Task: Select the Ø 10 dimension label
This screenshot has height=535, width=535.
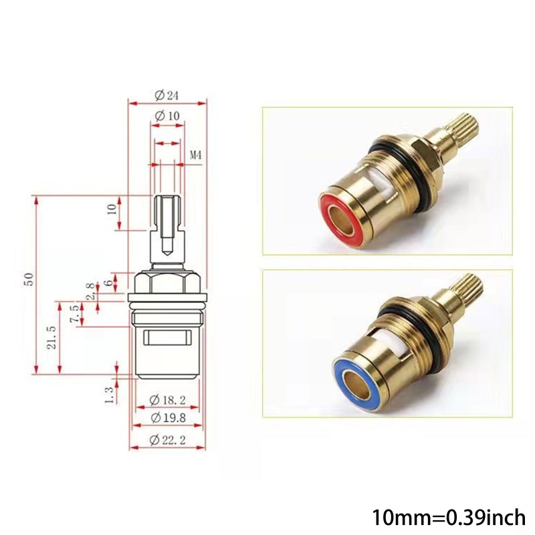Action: pos(167,116)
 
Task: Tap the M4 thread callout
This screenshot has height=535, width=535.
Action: pos(196,155)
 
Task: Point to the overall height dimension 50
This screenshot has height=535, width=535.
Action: pos(27,280)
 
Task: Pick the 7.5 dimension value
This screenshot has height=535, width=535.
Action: pos(75,313)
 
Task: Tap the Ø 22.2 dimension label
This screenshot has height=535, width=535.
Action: pos(167,439)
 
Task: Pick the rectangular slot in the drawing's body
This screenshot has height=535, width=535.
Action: pos(167,338)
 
